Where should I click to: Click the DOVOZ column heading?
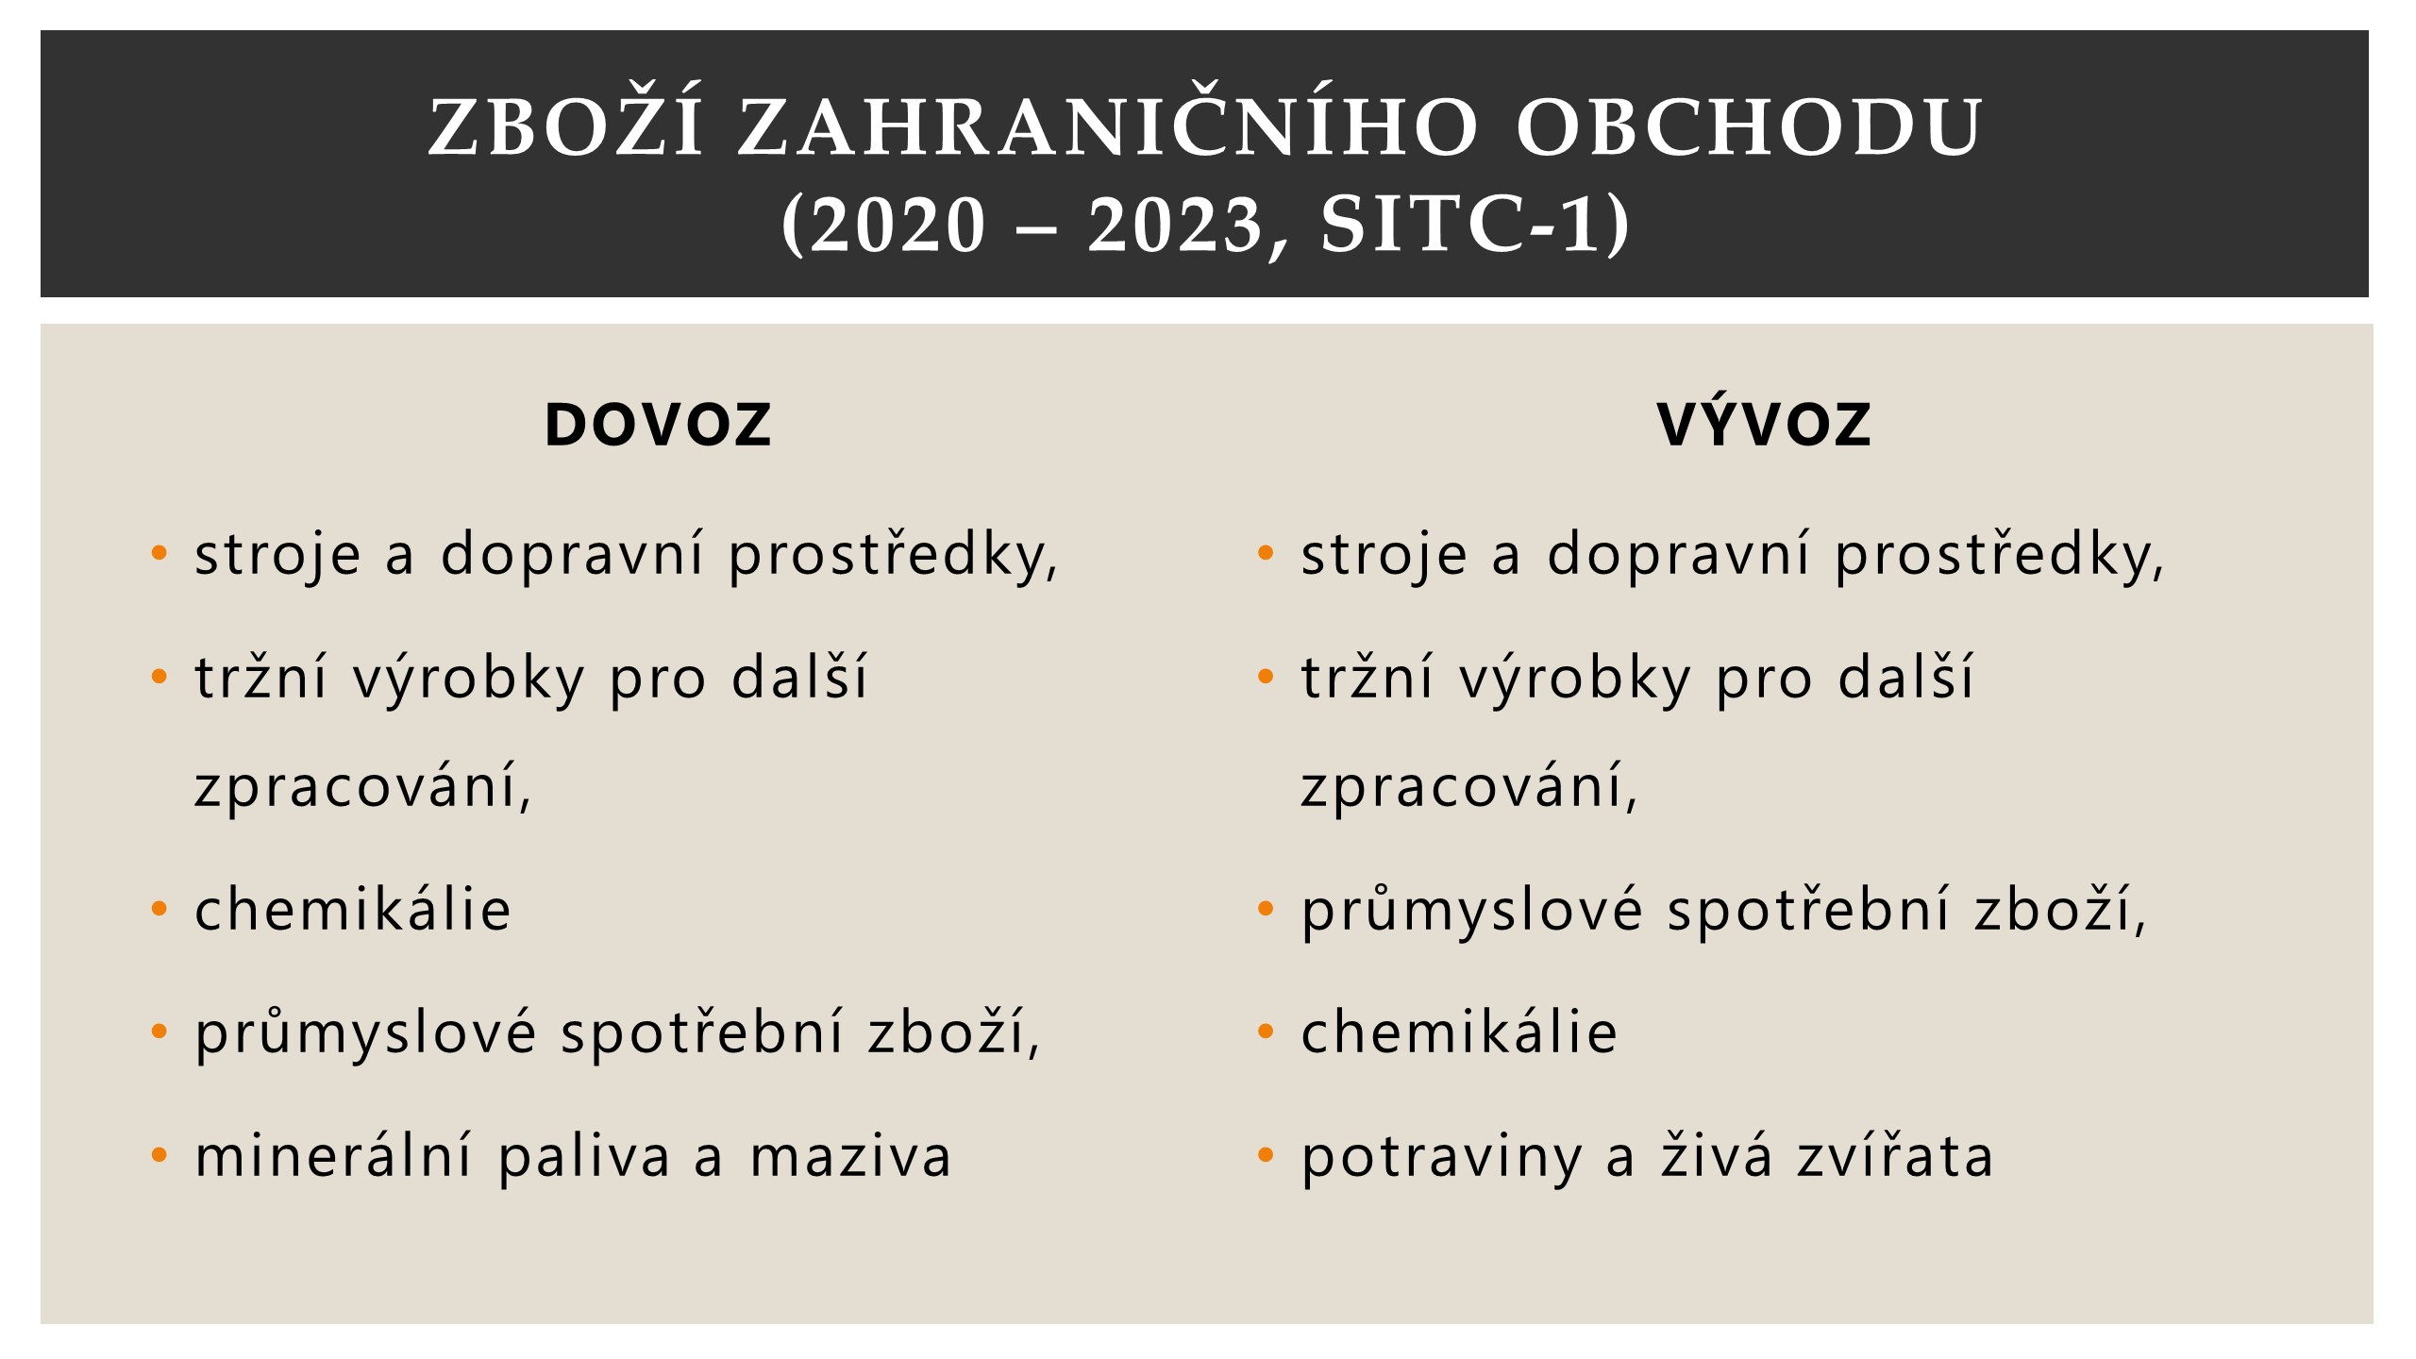(x=658, y=425)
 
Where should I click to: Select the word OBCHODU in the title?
(x=1748, y=126)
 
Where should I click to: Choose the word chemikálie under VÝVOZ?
(x=1459, y=1031)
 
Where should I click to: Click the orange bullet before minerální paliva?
(x=159, y=1155)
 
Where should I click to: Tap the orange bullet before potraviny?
(x=1266, y=1155)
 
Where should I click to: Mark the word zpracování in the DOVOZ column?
(x=363, y=786)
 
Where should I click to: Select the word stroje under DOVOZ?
(x=277, y=554)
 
